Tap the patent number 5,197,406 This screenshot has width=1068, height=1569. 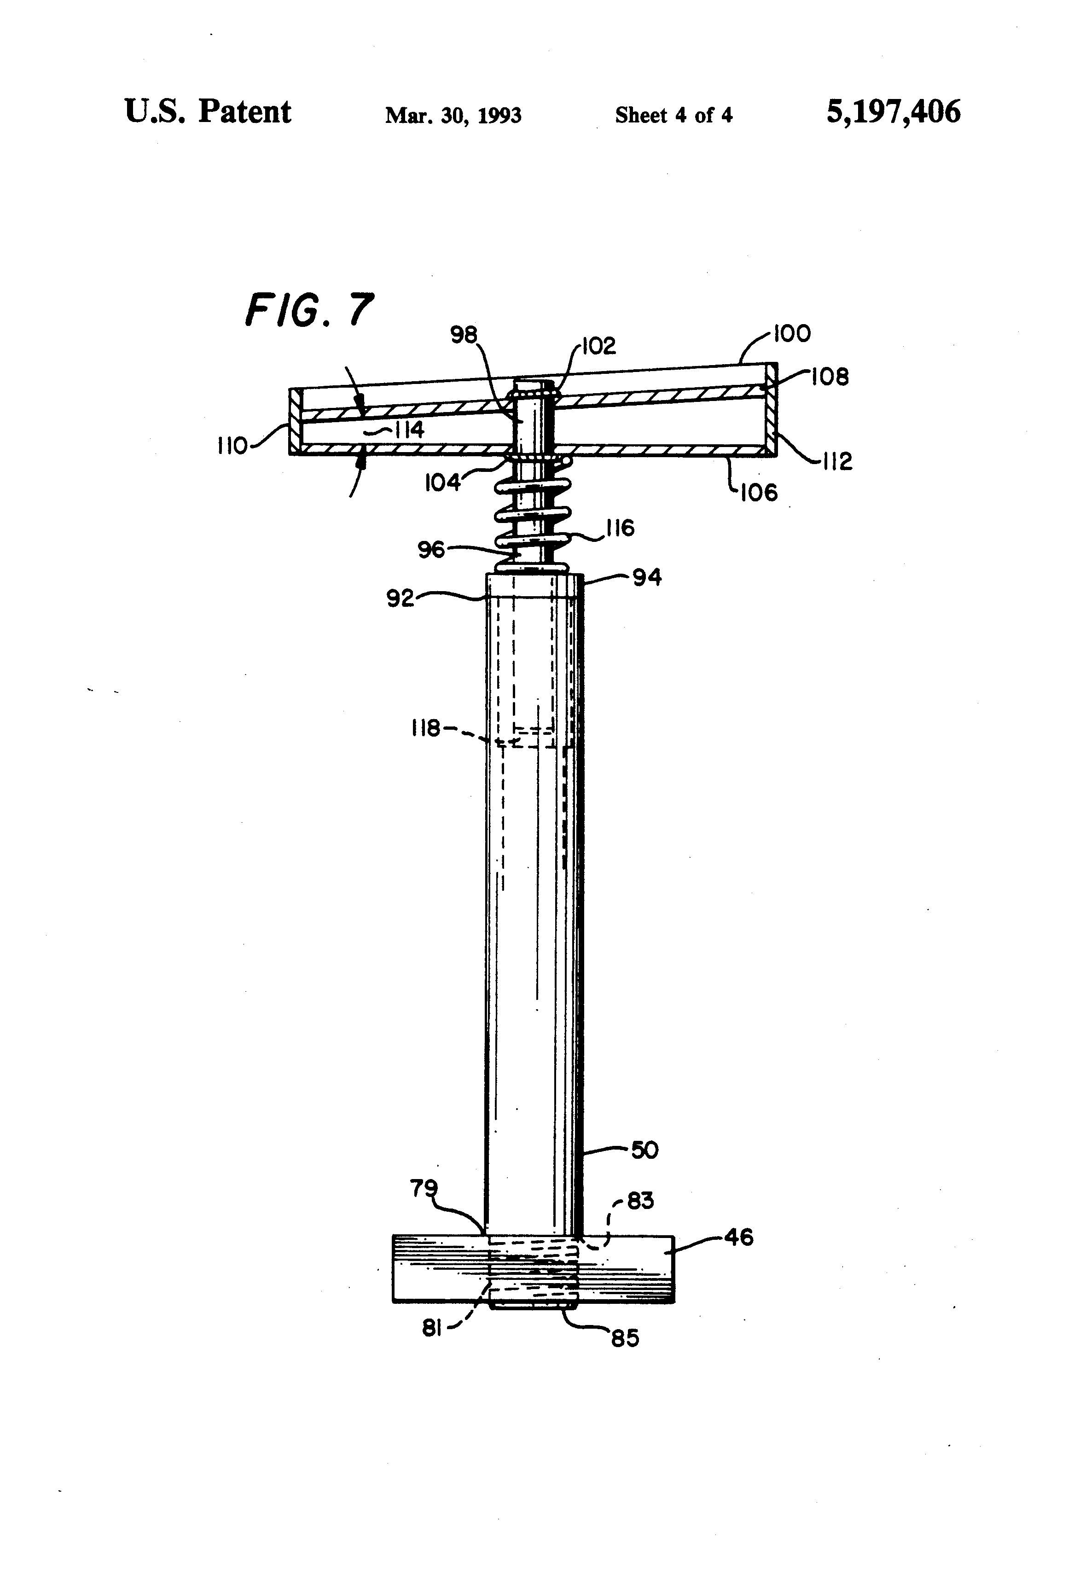point(893,112)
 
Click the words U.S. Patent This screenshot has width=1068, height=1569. point(208,111)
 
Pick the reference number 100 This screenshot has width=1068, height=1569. point(791,333)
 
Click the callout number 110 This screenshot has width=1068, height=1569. point(232,446)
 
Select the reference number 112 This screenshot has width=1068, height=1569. point(837,462)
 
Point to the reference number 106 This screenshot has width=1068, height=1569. point(759,492)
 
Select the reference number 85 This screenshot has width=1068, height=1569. point(625,1338)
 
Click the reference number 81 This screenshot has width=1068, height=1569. point(432,1328)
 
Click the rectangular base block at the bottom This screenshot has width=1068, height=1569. point(534,1268)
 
